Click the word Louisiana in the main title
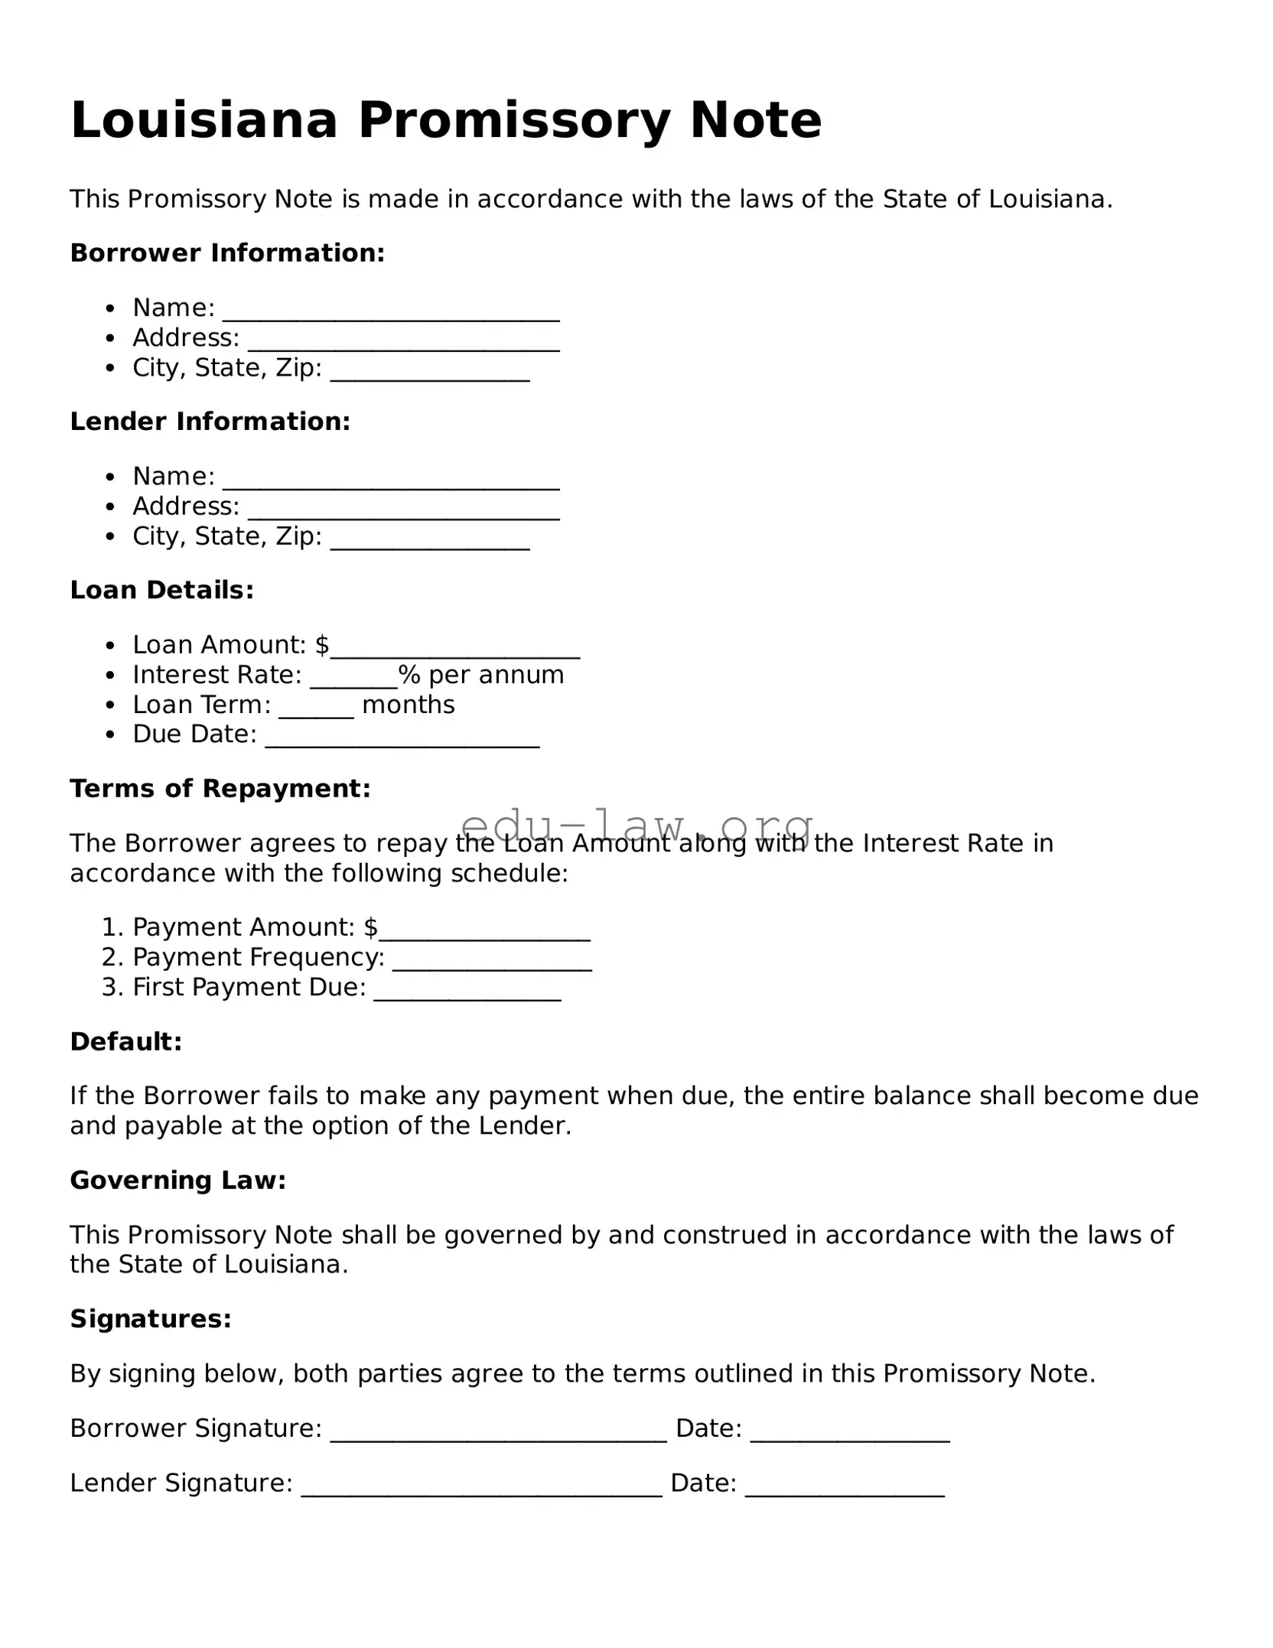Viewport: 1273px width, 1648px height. [x=203, y=120]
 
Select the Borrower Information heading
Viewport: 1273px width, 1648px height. [x=227, y=252]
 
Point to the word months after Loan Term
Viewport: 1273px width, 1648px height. [x=408, y=705]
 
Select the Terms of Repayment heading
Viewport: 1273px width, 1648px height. [x=220, y=788]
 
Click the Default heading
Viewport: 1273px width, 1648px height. [x=126, y=1041]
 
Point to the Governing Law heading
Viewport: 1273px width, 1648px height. [x=177, y=1180]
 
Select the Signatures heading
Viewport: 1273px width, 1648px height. [x=151, y=1318]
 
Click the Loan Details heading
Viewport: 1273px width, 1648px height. [x=161, y=590]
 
